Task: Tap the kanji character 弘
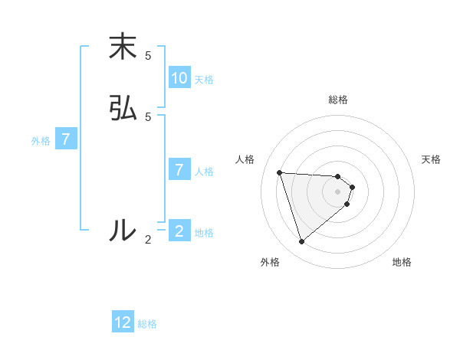pyautogui.click(x=123, y=108)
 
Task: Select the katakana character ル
pyautogui.click(x=123, y=230)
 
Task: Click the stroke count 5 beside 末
pyautogui.click(x=148, y=56)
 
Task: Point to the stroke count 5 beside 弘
pyautogui.click(x=148, y=116)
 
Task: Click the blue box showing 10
pyautogui.click(x=179, y=78)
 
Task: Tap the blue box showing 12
pyautogui.click(x=123, y=322)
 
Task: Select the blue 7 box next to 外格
pyautogui.click(x=67, y=140)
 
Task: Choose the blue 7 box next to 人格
pyautogui.click(x=179, y=170)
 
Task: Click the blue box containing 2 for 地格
pyautogui.click(x=179, y=231)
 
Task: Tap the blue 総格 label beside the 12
pyautogui.click(x=147, y=324)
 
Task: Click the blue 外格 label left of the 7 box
pyautogui.click(x=41, y=141)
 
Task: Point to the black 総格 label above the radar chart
pyautogui.click(x=338, y=100)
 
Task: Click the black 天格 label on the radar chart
pyautogui.click(x=432, y=159)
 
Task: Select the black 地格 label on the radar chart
pyautogui.click(x=402, y=263)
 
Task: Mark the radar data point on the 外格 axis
pyautogui.click(x=301, y=242)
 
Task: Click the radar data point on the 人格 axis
pyautogui.click(x=280, y=172)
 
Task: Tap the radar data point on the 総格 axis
pyautogui.click(x=338, y=176)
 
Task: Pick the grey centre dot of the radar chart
pyautogui.click(x=338, y=201)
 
